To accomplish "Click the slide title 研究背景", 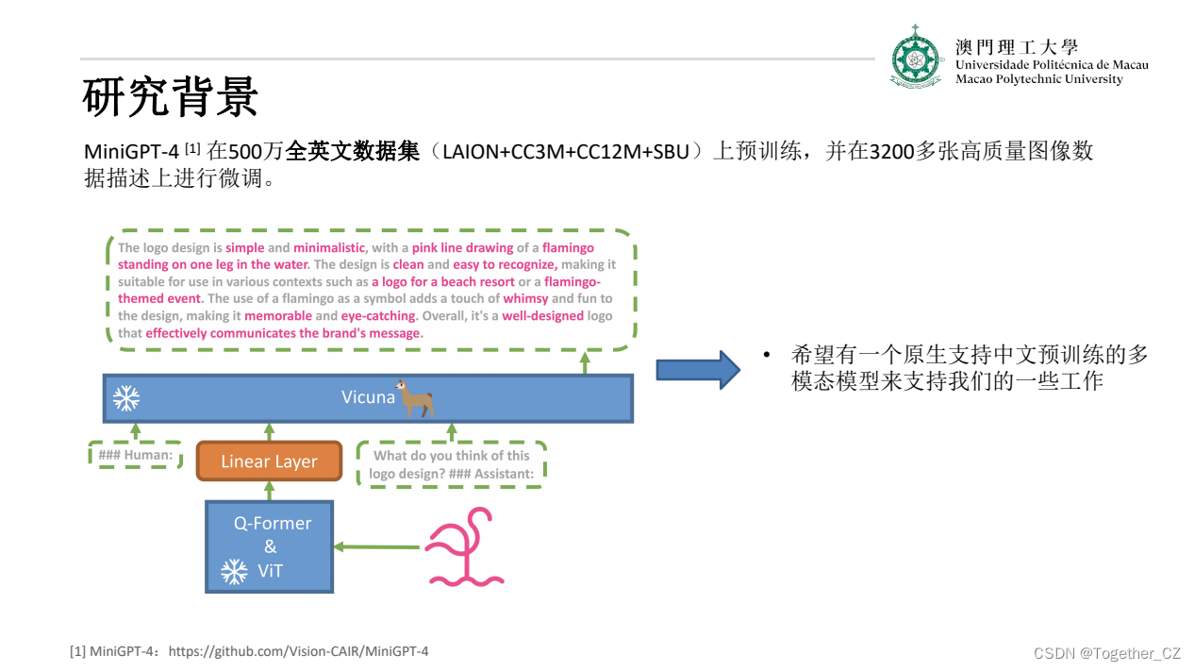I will [x=170, y=97].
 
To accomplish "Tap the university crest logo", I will [x=916, y=58].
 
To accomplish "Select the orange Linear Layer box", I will [x=269, y=461].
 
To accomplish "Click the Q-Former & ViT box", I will [x=270, y=546].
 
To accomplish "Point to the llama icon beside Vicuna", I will [x=414, y=398].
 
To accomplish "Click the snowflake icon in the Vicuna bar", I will [x=125, y=398].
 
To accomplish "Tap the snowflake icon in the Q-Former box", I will [x=233, y=571].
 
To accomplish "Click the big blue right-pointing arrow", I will [x=696, y=369].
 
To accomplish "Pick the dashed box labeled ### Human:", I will [x=136, y=456].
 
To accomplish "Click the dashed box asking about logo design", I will [x=451, y=464].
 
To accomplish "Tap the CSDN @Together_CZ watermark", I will [x=1106, y=653].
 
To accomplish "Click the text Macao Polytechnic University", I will [x=1038, y=79].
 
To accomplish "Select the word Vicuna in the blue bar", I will [x=368, y=397].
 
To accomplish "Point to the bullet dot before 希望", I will [x=768, y=355].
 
